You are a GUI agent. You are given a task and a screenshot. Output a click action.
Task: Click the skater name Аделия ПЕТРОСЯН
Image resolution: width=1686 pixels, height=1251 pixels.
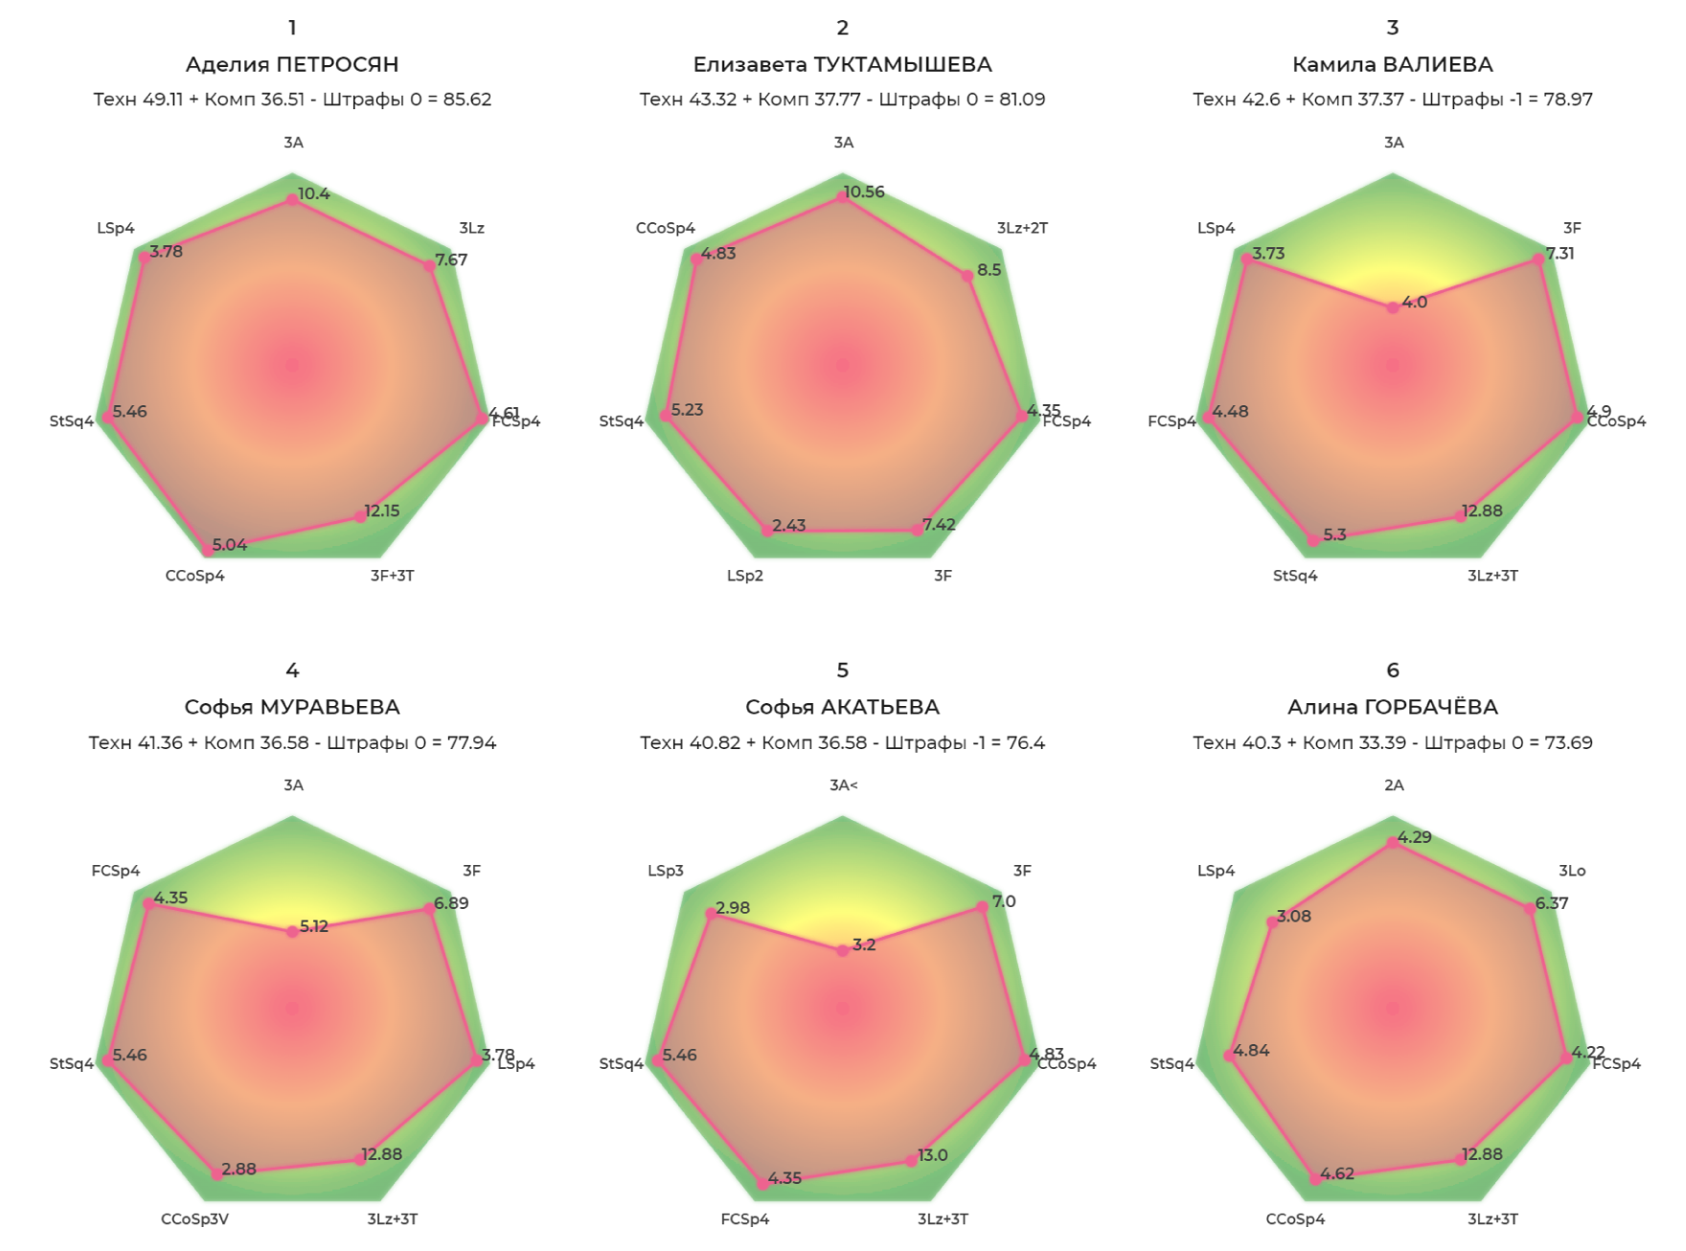292,64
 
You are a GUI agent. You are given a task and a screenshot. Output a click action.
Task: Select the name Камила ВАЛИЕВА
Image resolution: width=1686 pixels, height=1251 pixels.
1392,64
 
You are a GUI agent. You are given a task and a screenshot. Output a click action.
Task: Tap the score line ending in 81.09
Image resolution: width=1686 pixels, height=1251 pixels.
842,99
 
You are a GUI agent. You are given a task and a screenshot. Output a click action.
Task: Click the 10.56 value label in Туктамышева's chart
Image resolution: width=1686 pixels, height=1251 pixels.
864,192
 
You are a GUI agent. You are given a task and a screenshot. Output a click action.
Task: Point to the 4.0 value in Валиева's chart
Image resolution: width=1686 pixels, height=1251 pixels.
1414,302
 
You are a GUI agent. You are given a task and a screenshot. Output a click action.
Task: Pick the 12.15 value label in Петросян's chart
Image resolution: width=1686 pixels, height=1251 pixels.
382,511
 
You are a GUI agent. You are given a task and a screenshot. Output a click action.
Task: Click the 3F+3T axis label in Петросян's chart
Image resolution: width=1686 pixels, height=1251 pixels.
393,576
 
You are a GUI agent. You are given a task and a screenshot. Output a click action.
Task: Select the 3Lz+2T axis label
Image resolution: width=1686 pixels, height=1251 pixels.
1022,228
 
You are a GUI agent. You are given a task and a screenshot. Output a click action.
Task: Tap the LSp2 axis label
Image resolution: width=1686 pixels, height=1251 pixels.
745,576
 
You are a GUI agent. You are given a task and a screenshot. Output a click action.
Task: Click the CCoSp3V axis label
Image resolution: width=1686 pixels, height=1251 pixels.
194,1219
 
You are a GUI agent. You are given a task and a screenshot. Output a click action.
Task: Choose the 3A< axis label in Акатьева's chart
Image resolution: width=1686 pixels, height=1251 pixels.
843,785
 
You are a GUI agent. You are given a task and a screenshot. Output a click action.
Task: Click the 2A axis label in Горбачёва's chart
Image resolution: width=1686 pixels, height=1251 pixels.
1394,785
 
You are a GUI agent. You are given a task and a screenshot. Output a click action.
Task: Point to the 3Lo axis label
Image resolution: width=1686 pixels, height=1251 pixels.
1572,871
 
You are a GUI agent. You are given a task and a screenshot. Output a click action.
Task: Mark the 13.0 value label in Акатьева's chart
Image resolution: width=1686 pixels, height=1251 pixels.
933,1155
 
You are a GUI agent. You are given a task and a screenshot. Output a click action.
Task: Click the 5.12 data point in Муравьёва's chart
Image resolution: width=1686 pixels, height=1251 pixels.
292,932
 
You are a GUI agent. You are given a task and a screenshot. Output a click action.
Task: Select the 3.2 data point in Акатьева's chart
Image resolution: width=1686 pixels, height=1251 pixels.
842,951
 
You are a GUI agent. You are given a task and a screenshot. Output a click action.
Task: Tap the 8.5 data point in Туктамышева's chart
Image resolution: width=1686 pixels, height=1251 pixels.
968,276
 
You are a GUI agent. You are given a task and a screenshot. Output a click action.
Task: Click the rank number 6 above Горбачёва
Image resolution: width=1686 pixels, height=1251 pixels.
1393,671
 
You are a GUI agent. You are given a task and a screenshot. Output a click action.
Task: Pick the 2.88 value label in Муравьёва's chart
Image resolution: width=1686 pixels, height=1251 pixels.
239,1169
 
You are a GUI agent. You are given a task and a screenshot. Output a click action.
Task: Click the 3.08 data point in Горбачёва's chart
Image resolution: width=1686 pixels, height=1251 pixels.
1271,921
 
